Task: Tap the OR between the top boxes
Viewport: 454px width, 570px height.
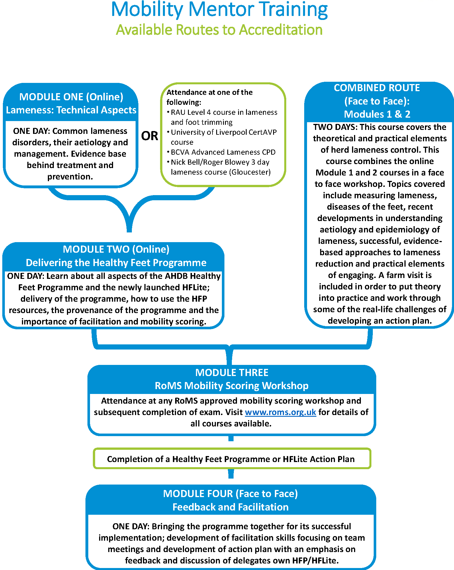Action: [x=150, y=136]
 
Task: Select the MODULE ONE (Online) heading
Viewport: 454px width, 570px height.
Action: [x=71, y=97]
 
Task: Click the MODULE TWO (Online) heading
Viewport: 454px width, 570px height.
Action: [x=116, y=249]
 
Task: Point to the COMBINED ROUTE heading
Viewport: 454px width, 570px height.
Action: [x=377, y=88]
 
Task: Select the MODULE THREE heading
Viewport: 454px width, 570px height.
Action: [x=232, y=373]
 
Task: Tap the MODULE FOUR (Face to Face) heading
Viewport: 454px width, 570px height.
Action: [x=230, y=494]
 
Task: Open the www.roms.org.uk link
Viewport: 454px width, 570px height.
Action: [x=281, y=412]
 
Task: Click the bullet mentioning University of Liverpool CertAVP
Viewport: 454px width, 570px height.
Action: [x=222, y=137]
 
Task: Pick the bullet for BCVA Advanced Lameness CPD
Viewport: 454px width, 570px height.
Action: [x=221, y=152]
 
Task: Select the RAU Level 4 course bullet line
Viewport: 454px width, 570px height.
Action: [x=222, y=117]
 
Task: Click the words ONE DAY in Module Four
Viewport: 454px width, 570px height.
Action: [x=131, y=526]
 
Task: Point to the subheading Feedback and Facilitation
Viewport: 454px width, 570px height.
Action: [x=230, y=507]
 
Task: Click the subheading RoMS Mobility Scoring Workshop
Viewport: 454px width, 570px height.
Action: [x=232, y=386]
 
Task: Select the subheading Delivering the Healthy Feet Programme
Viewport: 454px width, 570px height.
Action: [x=116, y=263]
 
